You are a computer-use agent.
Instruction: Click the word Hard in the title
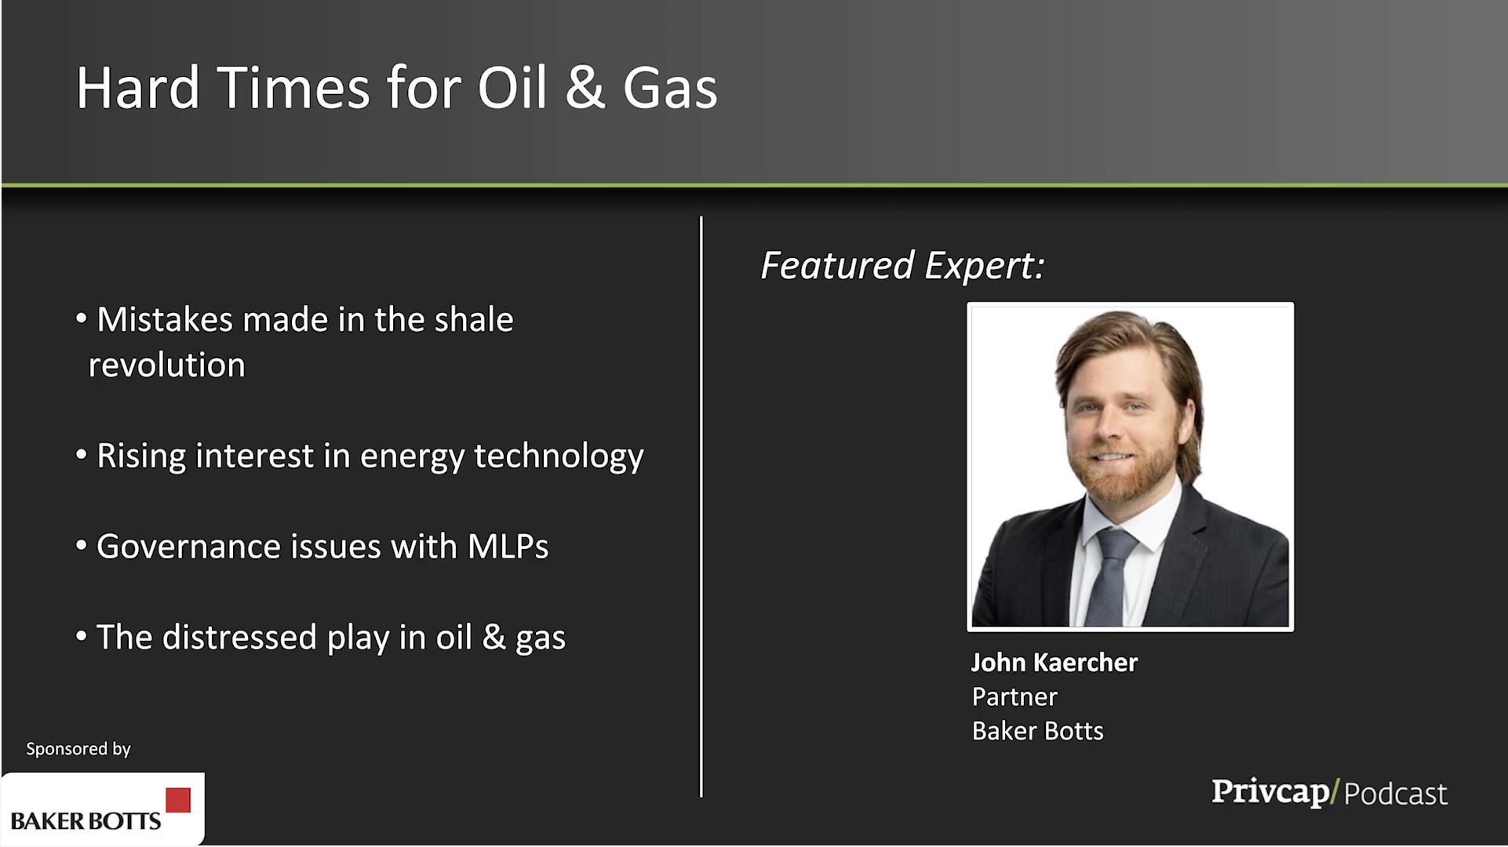point(138,87)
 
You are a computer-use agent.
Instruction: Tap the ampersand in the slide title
point(585,87)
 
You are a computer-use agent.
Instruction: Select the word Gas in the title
point(669,87)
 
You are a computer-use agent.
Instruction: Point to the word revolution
point(166,365)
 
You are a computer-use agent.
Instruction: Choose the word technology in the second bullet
point(559,456)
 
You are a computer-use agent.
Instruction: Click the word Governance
point(188,547)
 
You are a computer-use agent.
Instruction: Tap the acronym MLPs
point(508,547)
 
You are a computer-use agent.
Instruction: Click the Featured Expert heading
point(902,265)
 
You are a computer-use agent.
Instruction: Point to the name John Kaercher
point(1054,663)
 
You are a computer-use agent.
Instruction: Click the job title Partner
point(1014,696)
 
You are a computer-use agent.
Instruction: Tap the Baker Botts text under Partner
point(1037,731)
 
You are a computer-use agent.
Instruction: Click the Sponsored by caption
point(78,749)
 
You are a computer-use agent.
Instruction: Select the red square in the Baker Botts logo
point(178,800)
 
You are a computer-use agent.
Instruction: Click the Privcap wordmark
point(1270,792)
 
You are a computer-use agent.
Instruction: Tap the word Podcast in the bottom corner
point(1395,794)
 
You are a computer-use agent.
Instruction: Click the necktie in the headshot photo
point(1109,576)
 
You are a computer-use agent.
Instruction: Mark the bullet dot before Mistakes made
point(81,318)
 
